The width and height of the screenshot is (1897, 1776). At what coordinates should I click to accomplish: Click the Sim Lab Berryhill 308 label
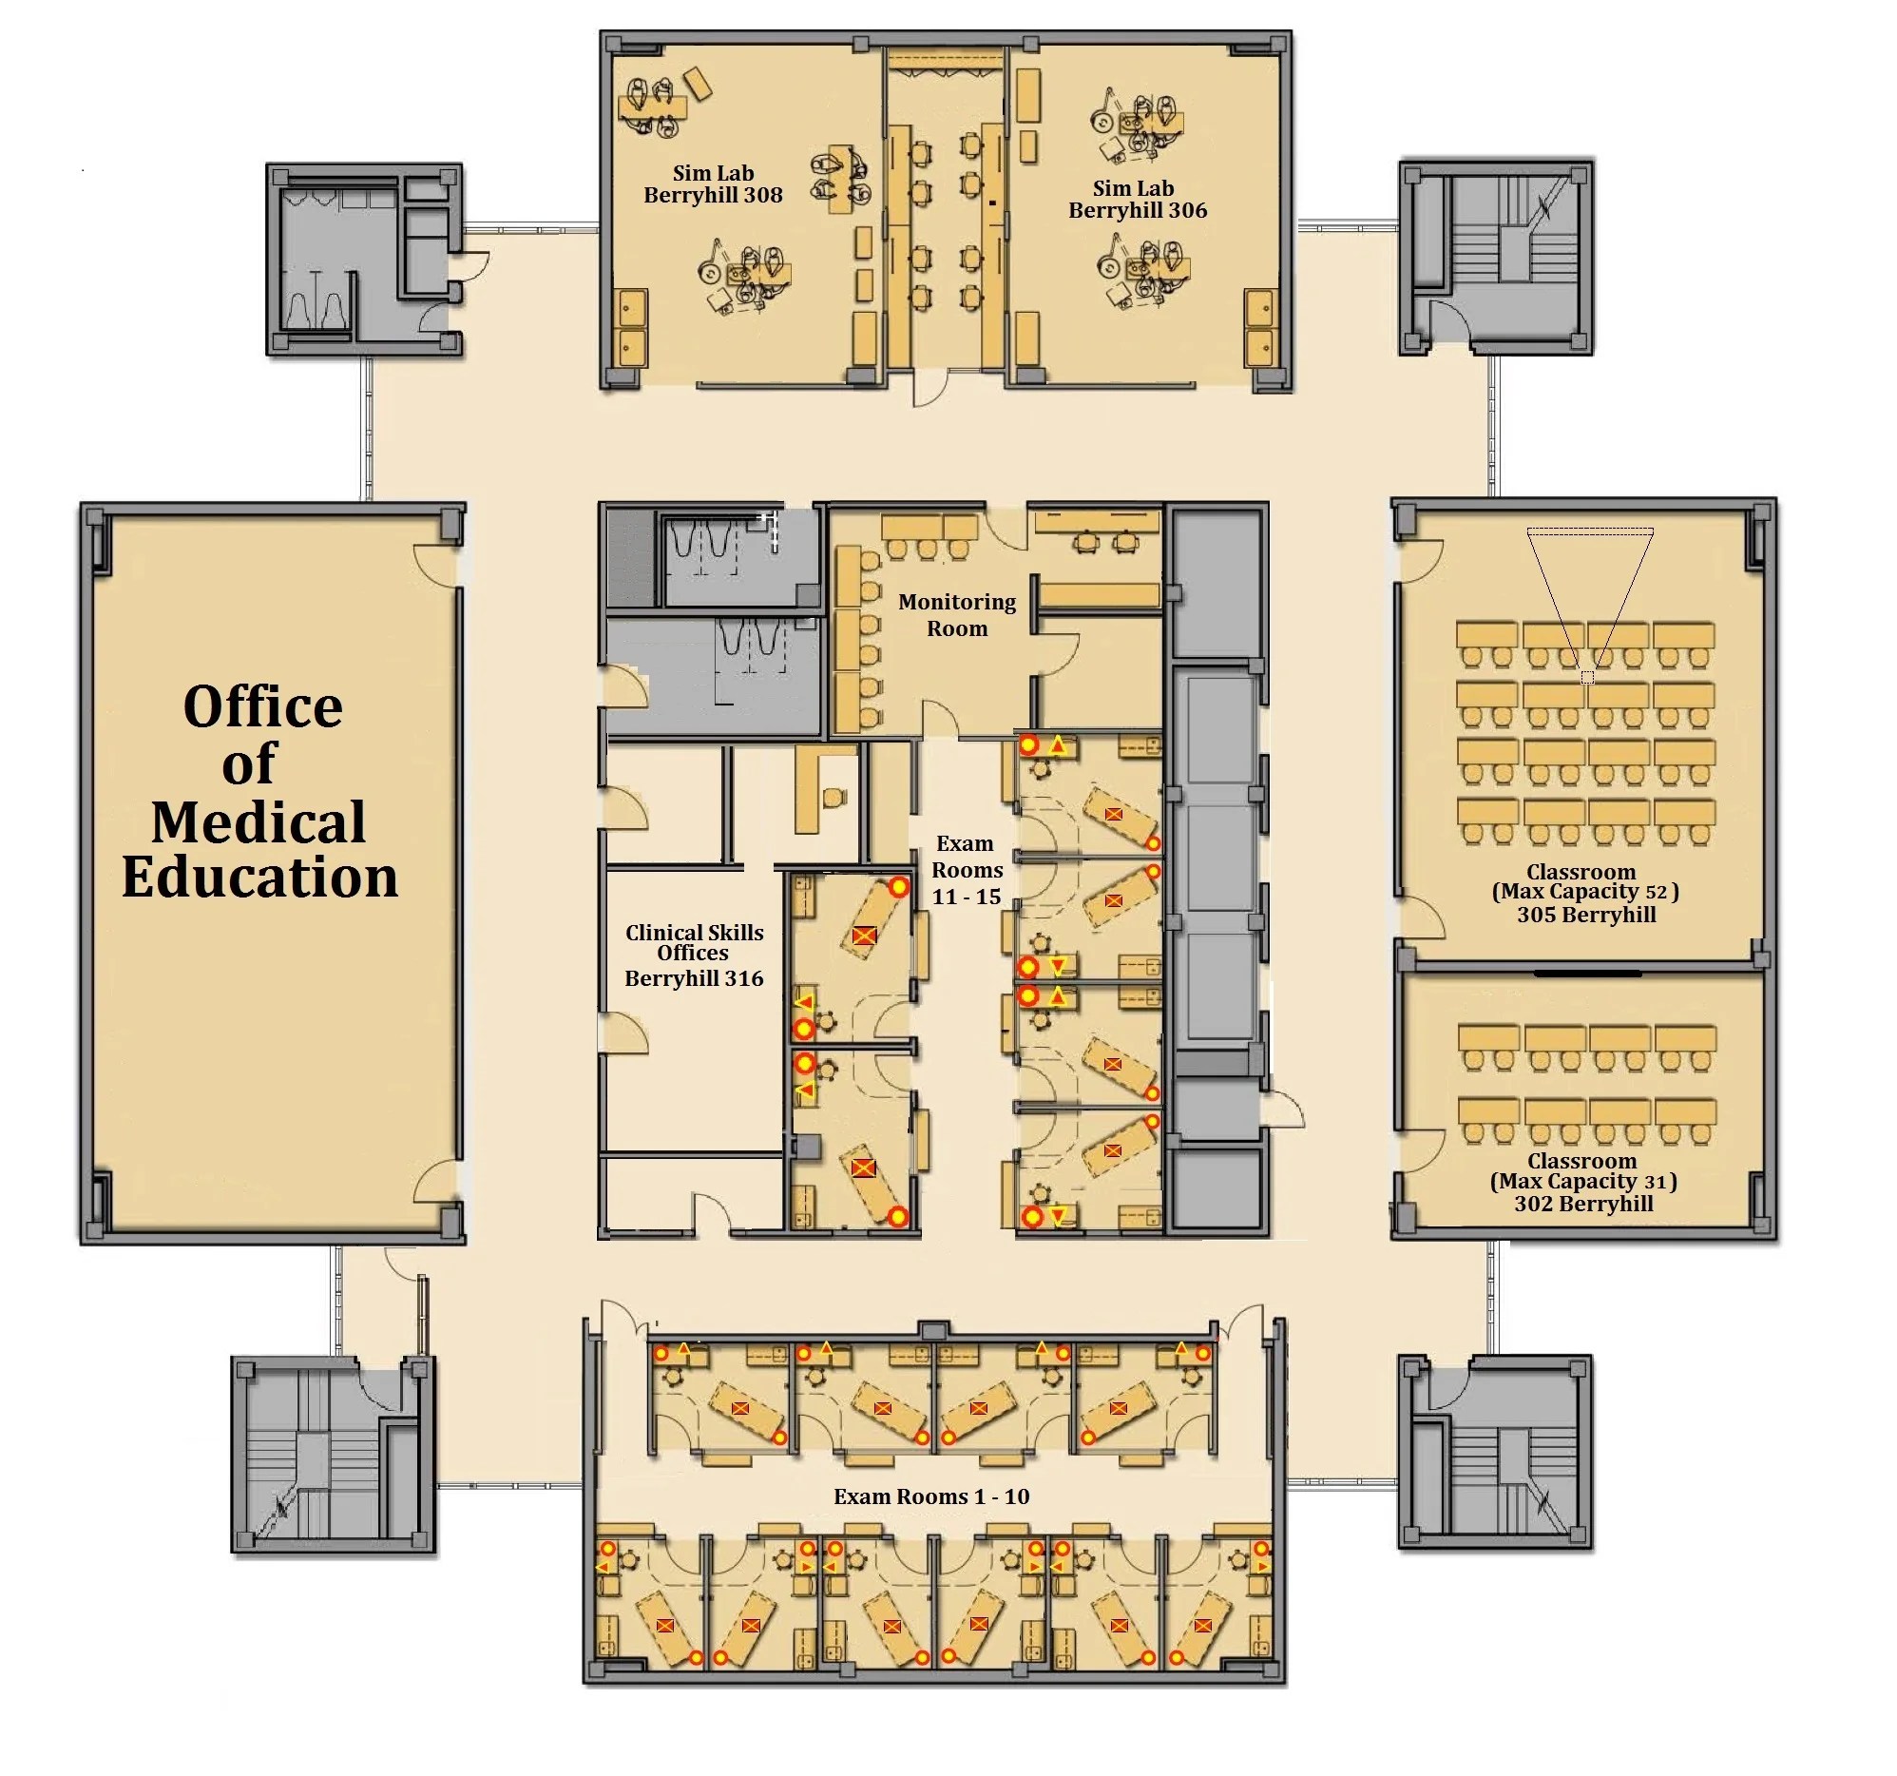713,184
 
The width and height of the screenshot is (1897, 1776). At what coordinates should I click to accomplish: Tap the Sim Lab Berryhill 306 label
1138,200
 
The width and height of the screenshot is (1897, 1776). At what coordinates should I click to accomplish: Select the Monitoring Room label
957,614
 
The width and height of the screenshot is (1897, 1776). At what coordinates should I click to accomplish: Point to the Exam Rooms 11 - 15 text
967,869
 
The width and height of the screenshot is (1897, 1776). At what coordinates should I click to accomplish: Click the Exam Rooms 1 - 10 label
931,1496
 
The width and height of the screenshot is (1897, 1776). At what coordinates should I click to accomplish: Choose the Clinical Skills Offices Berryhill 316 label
694,955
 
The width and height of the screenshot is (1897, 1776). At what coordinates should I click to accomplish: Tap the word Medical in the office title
259,821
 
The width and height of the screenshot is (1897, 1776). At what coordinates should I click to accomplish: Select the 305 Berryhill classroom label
1586,915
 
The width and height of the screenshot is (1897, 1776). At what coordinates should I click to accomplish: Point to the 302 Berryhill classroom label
1584,1204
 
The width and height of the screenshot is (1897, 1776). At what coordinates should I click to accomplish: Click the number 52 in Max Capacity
1656,893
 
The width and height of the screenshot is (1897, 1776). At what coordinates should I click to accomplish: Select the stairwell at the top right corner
1495,258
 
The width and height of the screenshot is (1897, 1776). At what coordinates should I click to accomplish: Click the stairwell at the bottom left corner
332,1455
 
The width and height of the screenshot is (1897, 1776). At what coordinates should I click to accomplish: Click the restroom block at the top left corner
365,260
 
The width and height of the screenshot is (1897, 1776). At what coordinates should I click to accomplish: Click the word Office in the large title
262,707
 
